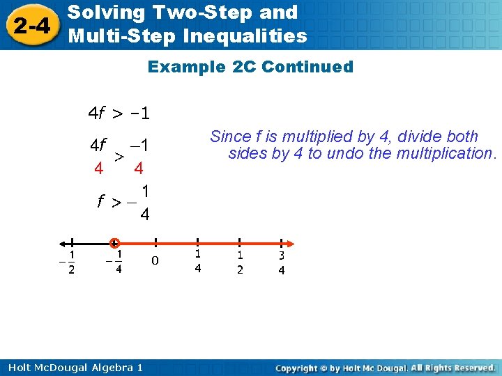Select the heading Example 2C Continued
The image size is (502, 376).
pos(250,68)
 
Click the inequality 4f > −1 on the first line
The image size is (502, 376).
pos(119,112)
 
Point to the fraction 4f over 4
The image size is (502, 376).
pos(98,157)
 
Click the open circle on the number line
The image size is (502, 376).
pos(114,243)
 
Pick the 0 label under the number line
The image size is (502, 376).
pos(155,261)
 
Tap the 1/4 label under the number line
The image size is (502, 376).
pos(198,262)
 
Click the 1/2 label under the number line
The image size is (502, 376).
pos(240,263)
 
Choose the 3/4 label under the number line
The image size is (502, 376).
pos(282,263)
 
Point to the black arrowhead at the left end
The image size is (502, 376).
pos(63,243)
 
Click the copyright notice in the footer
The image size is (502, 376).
pos(385,367)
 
